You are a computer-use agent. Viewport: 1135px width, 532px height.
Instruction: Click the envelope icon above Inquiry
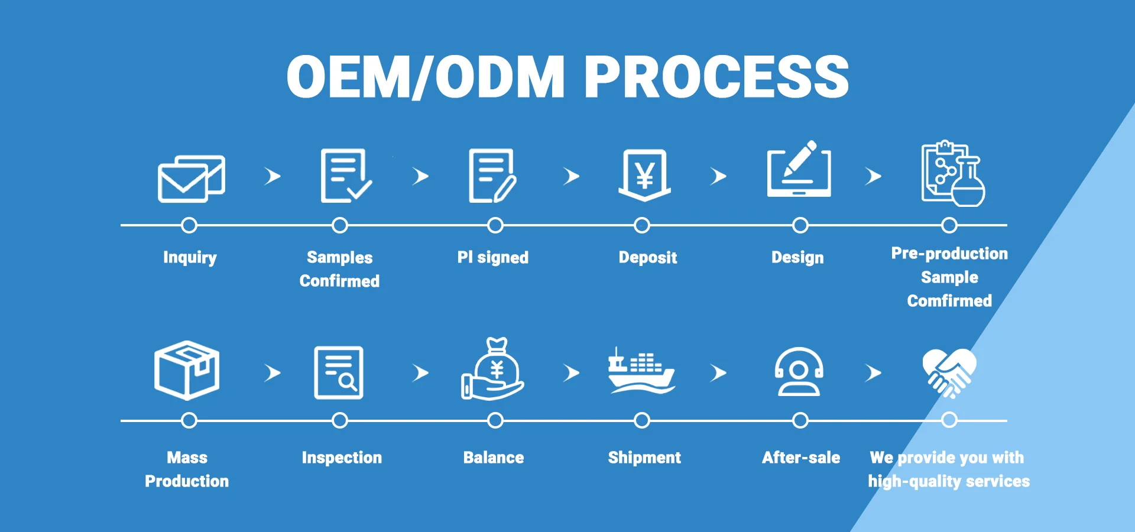click(190, 178)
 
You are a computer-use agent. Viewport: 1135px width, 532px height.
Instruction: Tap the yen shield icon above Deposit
click(644, 175)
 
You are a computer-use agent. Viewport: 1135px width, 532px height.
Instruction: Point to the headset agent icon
click(799, 372)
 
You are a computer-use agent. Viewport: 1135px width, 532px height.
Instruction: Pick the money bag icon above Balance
click(494, 370)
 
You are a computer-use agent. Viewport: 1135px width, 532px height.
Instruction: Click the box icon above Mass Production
click(187, 371)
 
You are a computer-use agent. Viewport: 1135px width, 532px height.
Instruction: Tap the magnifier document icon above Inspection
click(339, 372)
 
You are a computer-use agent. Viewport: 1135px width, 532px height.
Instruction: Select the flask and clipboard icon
click(952, 174)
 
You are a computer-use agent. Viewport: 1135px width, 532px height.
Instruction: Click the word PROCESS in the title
click(716, 77)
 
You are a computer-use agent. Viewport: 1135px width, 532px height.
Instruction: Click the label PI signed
click(492, 257)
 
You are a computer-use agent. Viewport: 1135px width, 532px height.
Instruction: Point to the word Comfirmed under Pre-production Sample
click(949, 301)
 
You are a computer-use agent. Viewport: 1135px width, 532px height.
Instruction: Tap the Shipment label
click(644, 458)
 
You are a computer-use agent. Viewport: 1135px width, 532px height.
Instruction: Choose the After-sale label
click(801, 458)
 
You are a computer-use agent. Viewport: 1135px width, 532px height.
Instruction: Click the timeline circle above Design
click(800, 225)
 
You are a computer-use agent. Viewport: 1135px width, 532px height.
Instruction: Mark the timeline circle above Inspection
click(340, 420)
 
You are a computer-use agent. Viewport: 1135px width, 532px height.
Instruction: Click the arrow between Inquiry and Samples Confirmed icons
click(272, 176)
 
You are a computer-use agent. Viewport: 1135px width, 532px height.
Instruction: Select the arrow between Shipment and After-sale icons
click(718, 373)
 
